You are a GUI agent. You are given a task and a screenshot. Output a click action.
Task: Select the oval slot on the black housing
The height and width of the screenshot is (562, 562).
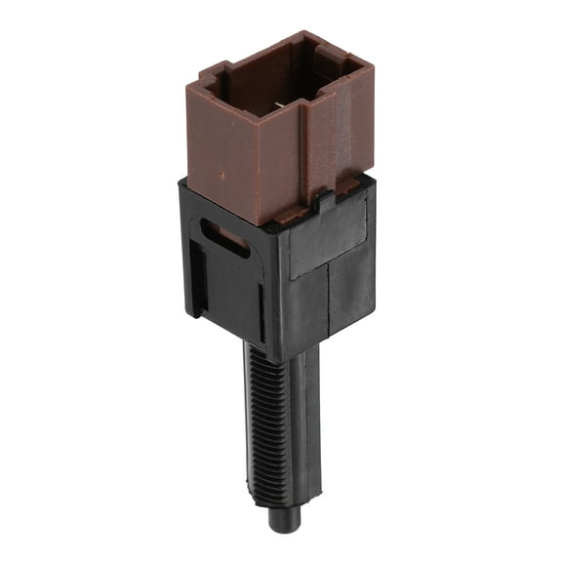point(224,238)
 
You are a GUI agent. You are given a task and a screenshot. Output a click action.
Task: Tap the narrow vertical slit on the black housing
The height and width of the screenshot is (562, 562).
point(261,312)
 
